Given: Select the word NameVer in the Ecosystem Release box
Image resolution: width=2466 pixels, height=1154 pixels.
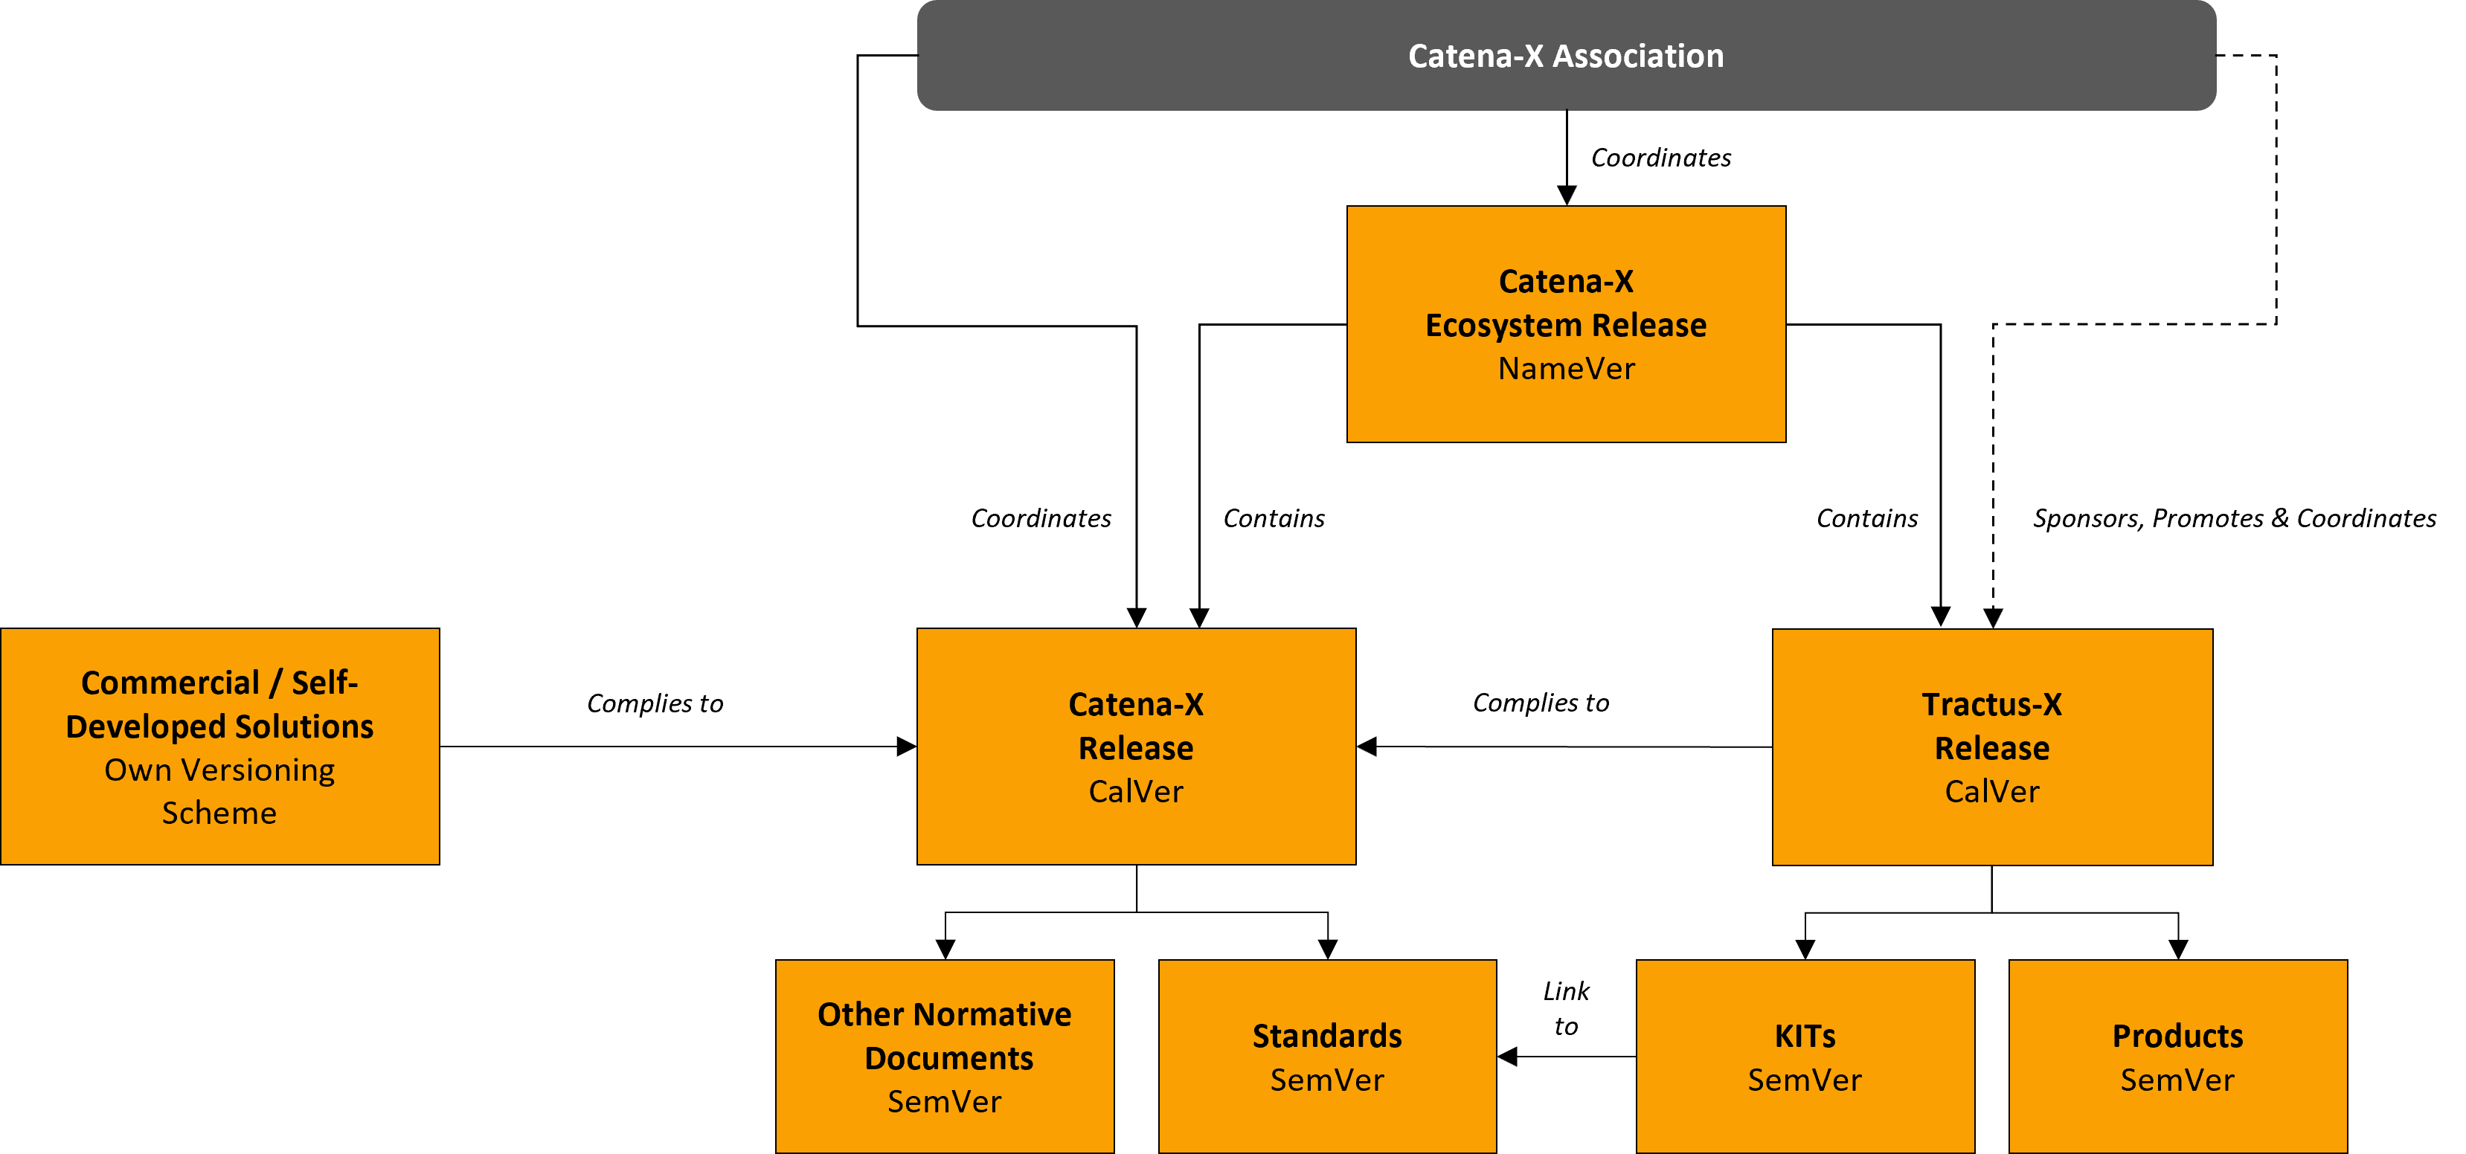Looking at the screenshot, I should coord(1566,368).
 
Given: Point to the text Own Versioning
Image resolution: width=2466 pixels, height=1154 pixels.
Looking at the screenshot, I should coord(219,770).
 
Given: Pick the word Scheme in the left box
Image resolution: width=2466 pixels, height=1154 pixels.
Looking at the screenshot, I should coord(219,813).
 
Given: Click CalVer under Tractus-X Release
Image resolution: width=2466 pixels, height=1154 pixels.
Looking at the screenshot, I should coord(1992,791).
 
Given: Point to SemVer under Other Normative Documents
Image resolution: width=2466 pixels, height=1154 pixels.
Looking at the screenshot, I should coord(945,1101).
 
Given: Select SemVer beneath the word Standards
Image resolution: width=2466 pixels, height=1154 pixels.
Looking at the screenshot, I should coord(1327,1080).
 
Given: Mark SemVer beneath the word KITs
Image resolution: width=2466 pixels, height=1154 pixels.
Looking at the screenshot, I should coord(1805,1080).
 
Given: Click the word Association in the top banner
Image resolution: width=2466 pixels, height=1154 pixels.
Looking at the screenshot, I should coord(1638,56).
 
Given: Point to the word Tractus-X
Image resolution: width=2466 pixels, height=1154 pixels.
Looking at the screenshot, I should coord(1992,704).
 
